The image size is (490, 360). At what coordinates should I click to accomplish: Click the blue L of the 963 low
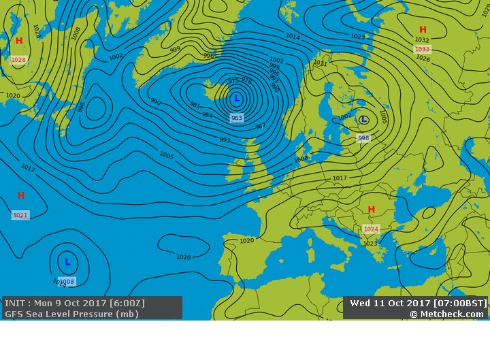click(x=236, y=99)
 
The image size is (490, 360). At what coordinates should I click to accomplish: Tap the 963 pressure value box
click(x=236, y=118)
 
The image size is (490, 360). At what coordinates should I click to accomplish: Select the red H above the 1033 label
click(x=423, y=30)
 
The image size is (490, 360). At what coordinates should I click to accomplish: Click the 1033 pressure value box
click(x=422, y=49)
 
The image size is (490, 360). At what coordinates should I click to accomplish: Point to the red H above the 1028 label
click(x=19, y=41)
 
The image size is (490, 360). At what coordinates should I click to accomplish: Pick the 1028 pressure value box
click(x=18, y=60)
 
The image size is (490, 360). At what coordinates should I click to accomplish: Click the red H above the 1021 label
click(x=21, y=196)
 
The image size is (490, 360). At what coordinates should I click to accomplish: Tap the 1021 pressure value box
click(x=20, y=215)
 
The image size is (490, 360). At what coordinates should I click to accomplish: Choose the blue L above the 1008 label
click(x=67, y=262)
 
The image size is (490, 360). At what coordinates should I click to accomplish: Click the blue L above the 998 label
click(x=364, y=120)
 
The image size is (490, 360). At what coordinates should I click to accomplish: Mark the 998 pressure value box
click(x=363, y=137)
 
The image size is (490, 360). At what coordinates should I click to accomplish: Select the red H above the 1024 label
click(x=371, y=210)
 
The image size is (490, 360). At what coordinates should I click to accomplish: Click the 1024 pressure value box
click(x=371, y=229)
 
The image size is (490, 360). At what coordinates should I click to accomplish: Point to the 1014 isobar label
click(x=293, y=36)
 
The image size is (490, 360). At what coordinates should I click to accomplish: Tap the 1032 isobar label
click(x=422, y=40)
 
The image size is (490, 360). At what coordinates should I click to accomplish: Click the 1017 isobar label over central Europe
click(x=340, y=178)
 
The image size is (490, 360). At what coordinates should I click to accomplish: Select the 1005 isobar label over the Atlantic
click(x=167, y=154)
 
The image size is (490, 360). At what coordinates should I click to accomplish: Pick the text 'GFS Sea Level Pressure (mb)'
click(x=71, y=314)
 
